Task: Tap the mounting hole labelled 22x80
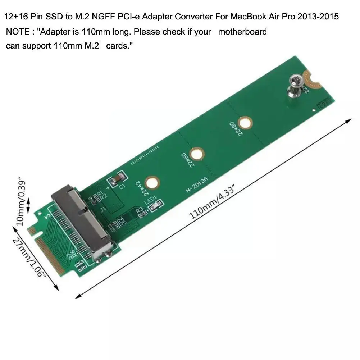(246, 123)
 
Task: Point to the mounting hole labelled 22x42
(152, 183)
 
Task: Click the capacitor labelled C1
(119, 179)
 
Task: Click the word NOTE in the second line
(18, 32)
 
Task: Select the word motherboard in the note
(242, 32)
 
